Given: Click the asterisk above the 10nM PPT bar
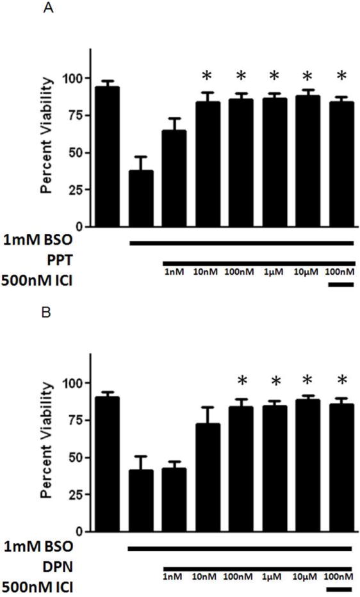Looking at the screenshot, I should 207,77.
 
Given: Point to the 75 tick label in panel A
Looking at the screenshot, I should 77,115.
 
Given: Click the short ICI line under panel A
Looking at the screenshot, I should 340,282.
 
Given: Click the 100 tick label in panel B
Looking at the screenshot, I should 74,382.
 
